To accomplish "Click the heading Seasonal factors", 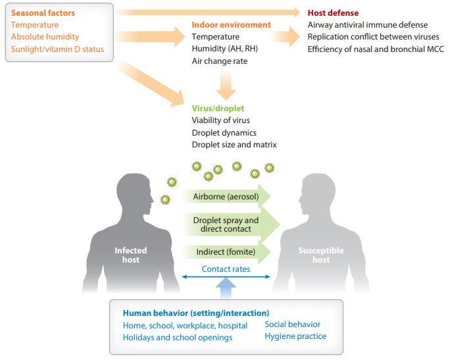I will (43, 13).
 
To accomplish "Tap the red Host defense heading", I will (333, 13).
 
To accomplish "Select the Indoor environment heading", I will (231, 25).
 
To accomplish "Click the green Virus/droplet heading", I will (218, 108).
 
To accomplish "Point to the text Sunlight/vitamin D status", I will (57, 49).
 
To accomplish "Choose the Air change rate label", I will (219, 61).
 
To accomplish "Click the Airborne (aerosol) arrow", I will (227, 197).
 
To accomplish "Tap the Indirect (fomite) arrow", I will (227, 252).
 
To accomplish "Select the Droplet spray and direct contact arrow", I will (227, 224).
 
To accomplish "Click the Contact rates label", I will (226, 269).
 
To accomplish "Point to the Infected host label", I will (130, 255).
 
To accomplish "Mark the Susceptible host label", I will (320, 255).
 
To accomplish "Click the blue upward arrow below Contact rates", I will (226, 288).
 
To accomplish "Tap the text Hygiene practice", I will (295, 336).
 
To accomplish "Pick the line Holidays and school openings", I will (178, 338).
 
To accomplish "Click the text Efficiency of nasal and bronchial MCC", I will (375, 49).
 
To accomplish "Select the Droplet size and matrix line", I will (234, 145).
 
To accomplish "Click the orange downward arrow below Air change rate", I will (226, 84).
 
